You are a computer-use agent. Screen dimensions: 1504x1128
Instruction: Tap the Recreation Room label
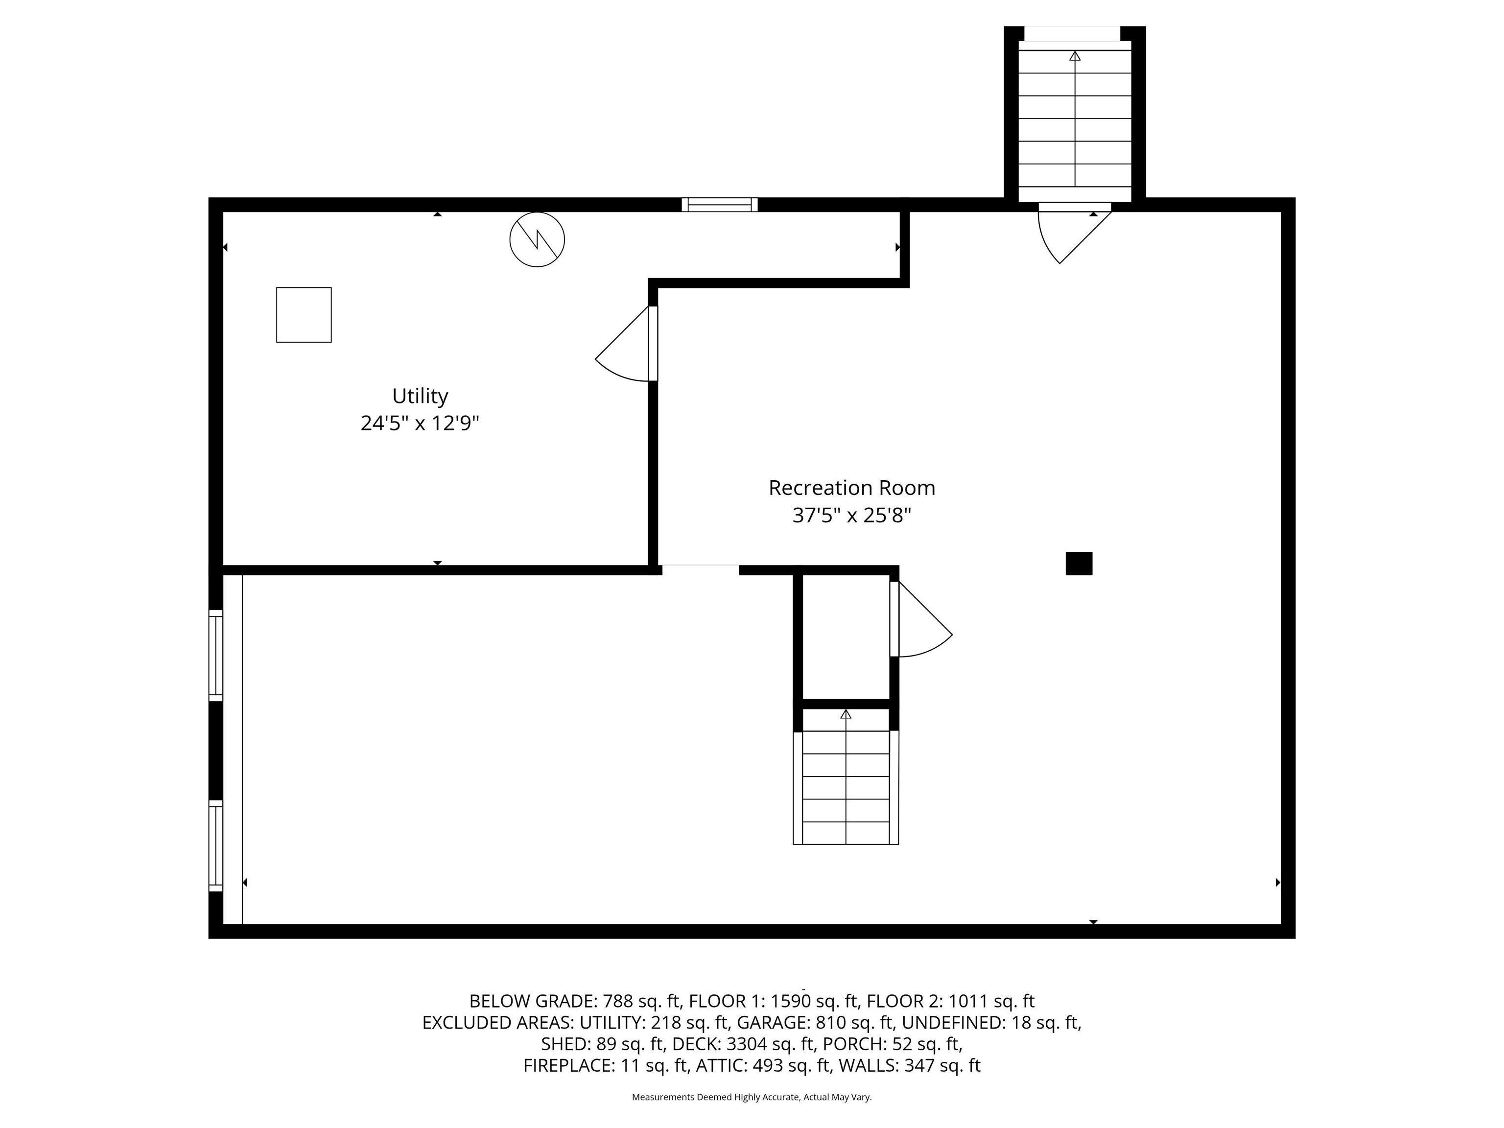tap(852, 488)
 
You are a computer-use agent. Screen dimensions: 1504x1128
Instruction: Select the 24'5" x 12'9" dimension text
tap(420, 423)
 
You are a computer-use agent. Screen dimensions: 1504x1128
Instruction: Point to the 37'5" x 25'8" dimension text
tap(851, 516)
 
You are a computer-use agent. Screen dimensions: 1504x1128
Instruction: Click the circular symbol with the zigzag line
tap(537, 239)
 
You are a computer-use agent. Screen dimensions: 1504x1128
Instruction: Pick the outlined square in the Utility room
tap(304, 315)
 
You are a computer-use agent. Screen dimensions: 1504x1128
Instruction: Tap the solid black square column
tap(1079, 564)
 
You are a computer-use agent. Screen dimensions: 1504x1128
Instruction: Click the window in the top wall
tap(719, 205)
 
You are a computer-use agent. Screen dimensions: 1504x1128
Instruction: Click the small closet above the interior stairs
tap(846, 636)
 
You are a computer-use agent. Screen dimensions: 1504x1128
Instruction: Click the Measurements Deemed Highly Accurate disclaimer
tap(752, 1097)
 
